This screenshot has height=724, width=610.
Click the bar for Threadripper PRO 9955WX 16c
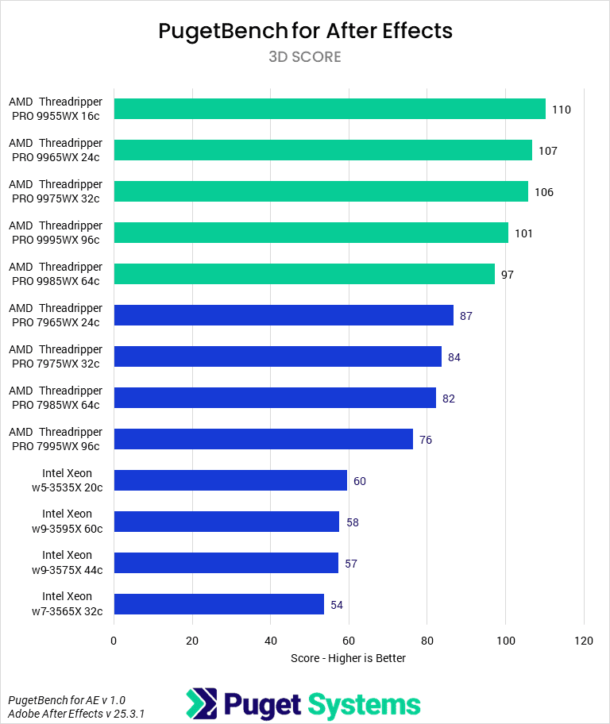click(x=330, y=109)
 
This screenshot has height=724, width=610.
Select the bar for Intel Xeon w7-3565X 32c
click(x=219, y=604)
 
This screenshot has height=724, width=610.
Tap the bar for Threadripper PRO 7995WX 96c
click(x=264, y=439)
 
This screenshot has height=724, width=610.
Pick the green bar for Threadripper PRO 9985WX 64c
click(x=304, y=274)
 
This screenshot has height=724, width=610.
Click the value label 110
click(x=562, y=110)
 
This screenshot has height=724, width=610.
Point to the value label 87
click(x=466, y=316)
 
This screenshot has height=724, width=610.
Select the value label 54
click(x=337, y=605)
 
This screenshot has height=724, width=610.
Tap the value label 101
click(x=523, y=233)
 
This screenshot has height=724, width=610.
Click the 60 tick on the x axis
click(x=349, y=641)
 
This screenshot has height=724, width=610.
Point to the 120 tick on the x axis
click(x=584, y=641)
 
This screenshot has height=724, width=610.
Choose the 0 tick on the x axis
click(x=114, y=641)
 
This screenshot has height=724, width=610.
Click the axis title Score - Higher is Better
click(x=348, y=658)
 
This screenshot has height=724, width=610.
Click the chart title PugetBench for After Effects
click(x=305, y=31)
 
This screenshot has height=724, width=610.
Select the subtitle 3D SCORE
click(x=305, y=57)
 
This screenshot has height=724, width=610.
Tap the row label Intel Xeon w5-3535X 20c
click(x=68, y=480)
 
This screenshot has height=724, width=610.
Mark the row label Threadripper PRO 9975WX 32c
click(x=56, y=191)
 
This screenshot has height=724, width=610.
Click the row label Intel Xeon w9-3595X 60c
click(x=68, y=521)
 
